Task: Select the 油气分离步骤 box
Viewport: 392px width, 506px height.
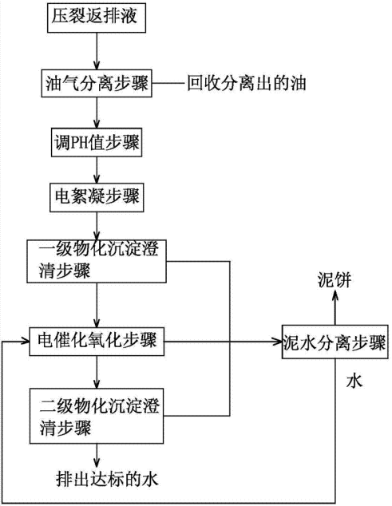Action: coord(96,82)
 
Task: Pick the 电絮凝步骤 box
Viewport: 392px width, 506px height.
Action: coord(96,197)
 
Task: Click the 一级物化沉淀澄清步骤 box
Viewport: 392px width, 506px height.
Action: coord(96,260)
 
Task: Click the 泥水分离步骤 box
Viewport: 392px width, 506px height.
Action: coord(334,343)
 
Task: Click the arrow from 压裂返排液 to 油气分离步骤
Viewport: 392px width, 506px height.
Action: coord(96,51)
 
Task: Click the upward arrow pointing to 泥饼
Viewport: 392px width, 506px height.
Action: coord(334,307)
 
